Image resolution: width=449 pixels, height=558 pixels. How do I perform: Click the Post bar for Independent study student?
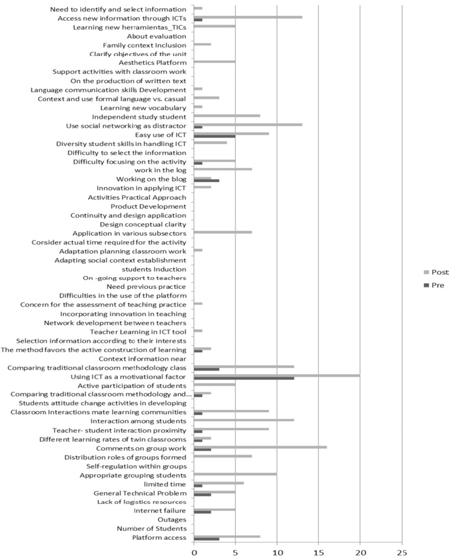coord(227,116)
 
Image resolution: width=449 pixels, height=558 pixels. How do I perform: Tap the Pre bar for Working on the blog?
coord(206,180)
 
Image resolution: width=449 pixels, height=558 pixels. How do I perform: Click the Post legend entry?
coord(438,272)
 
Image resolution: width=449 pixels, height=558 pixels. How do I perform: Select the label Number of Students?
coord(151,528)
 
